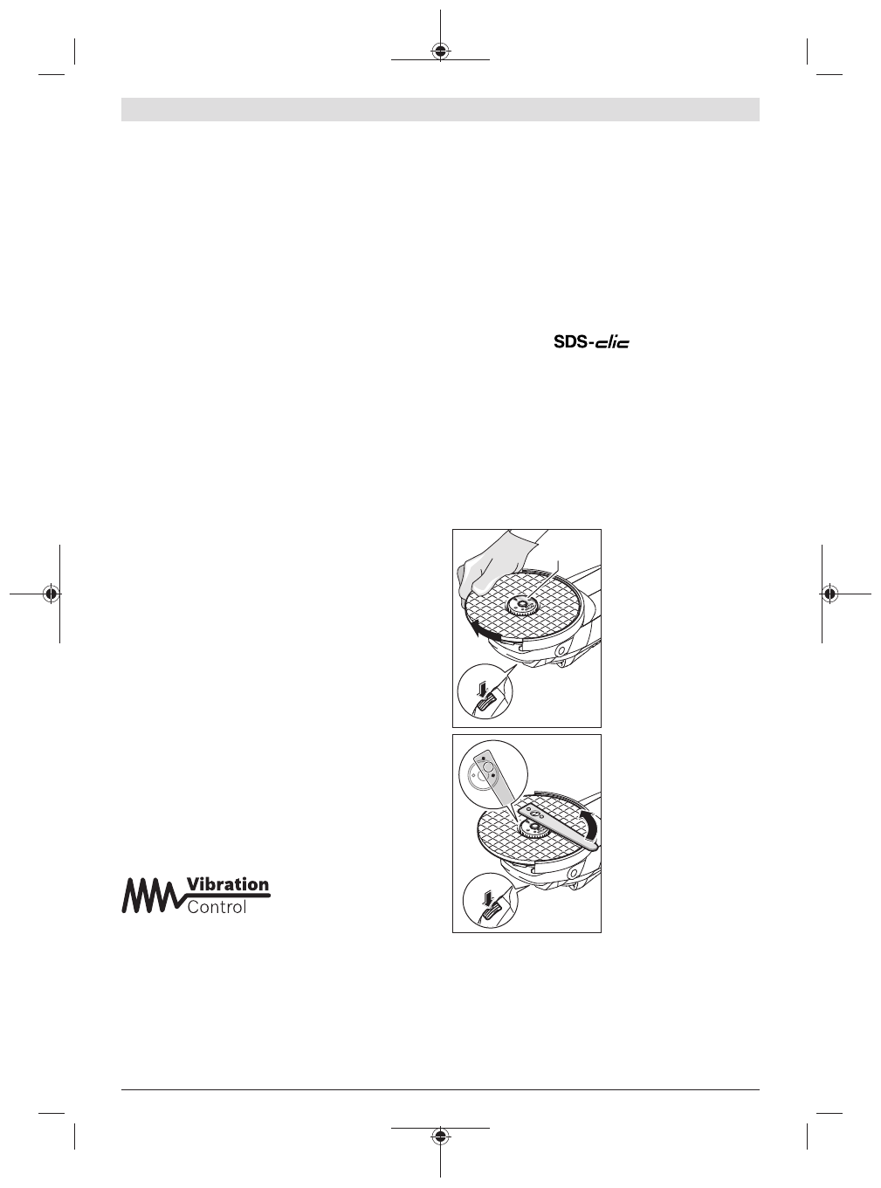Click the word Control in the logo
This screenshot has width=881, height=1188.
point(217,907)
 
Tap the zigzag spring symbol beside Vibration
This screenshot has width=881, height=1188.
point(153,895)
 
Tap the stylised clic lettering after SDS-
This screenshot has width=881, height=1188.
point(611,343)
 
